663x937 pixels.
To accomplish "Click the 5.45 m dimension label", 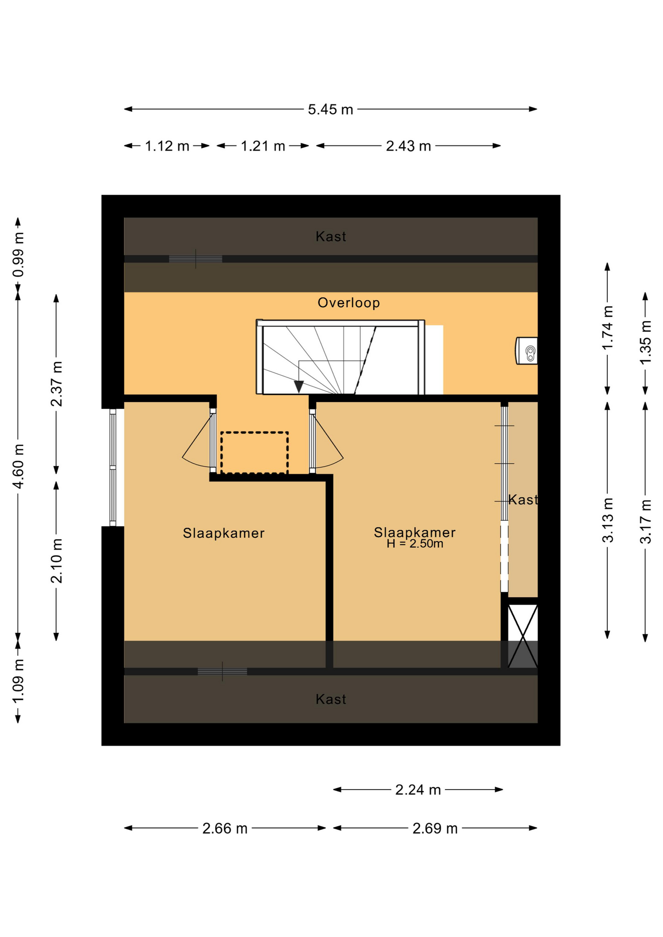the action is pos(330,109).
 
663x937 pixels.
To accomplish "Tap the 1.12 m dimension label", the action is pos(167,146).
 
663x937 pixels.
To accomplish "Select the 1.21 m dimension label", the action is pos(263,146).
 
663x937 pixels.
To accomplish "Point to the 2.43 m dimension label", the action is pos(408,146).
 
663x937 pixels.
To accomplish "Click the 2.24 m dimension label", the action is pos(418,790).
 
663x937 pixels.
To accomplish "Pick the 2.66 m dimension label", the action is pos(225,828).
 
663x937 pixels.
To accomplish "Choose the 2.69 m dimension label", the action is pos(435,828).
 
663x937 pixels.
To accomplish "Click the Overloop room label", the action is pos(349,303).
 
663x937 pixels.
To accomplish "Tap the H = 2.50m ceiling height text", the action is pos(415,544).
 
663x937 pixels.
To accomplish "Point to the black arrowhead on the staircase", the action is pos(299,387).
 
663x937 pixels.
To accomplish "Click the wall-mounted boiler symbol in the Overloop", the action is pos(527,350).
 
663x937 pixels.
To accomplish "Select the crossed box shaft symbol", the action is pos(523,636).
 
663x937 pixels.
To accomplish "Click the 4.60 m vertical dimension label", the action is pos(19,466).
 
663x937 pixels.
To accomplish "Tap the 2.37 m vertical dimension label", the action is pos(57,384).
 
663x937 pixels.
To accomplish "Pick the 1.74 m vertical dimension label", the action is pos(607,328).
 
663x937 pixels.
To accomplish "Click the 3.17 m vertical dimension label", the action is pos(645,522).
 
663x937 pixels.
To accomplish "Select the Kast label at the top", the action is pos(331,237).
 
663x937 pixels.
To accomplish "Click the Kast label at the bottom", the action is pos(331,699).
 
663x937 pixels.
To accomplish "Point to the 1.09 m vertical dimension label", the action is pos(19,681).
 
